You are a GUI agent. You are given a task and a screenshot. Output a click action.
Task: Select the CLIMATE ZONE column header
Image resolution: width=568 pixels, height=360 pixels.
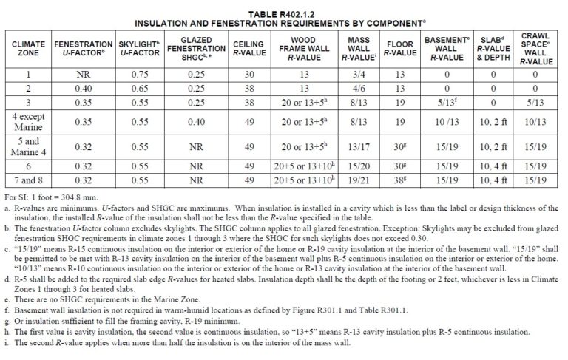tap(28, 50)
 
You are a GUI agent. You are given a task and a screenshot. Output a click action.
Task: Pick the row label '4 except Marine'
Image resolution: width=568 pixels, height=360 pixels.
tap(28, 120)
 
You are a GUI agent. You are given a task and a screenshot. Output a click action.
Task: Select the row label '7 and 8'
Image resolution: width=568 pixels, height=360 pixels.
tap(28, 180)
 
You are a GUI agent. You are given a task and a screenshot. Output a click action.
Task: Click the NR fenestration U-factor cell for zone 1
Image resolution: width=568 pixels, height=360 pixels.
tap(84, 75)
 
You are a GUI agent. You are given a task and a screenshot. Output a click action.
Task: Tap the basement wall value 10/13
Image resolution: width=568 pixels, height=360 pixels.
tap(446, 120)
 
